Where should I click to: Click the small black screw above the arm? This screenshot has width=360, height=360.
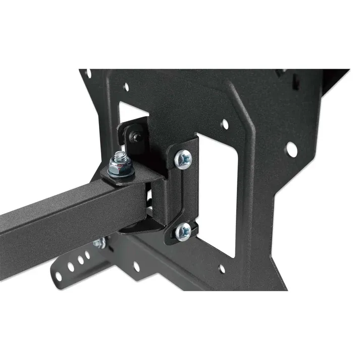136,135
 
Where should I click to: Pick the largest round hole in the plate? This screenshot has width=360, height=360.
291,148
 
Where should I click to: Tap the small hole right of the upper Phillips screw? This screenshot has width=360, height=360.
225,124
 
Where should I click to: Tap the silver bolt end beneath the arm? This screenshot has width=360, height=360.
98,244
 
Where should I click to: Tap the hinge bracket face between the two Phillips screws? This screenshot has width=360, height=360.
184,194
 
